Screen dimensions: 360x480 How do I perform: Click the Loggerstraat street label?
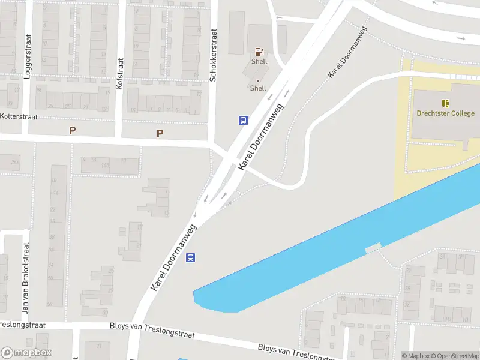pyautogui.click(x=26, y=52)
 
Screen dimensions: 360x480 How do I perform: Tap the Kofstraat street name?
pyautogui.click(x=119, y=74)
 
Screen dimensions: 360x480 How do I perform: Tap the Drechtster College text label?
pyautogui.click(x=445, y=113)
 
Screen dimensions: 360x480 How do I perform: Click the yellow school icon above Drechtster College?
pyautogui.click(x=445, y=103)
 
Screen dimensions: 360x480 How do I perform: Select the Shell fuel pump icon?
pyautogui.click(x=259, y=52)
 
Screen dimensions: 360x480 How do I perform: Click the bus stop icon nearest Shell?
pyautogui.click(x=243, y=120)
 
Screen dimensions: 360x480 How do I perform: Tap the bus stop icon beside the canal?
pyautogui.click(x=191, y=258)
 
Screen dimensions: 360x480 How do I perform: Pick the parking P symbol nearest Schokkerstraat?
pyautogui.click(x=160, y=133)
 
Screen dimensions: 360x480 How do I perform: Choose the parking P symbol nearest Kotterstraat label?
pyautogui.click(x=73, y=130)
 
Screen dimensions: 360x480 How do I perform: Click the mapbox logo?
pyautogui.click(x=26, y=353)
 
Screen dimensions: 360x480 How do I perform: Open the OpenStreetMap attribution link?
pyautogui.click(x=455, y=356)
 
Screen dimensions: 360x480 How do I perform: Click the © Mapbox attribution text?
pyautogui.click(x=415, y=356)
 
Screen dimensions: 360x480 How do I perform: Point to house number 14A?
pyautogui.click(x=106, y=165)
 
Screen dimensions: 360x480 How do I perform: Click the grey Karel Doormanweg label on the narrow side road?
pyautogui.click(x=339, y=62)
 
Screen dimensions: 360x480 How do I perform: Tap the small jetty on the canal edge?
pyautogui.click(x=373, y=247)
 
